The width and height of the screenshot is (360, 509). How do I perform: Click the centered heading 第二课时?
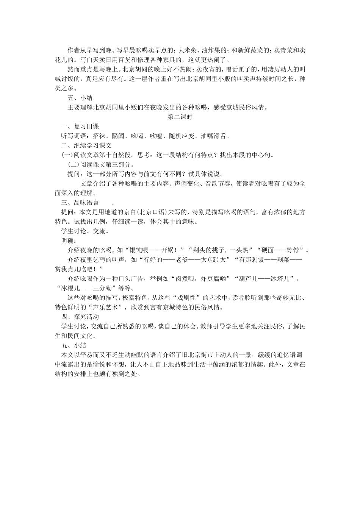coord(180,117)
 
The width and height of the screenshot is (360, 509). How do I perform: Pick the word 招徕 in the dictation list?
coord(99,136)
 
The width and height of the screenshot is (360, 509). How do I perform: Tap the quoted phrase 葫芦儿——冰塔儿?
coord(265,279)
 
